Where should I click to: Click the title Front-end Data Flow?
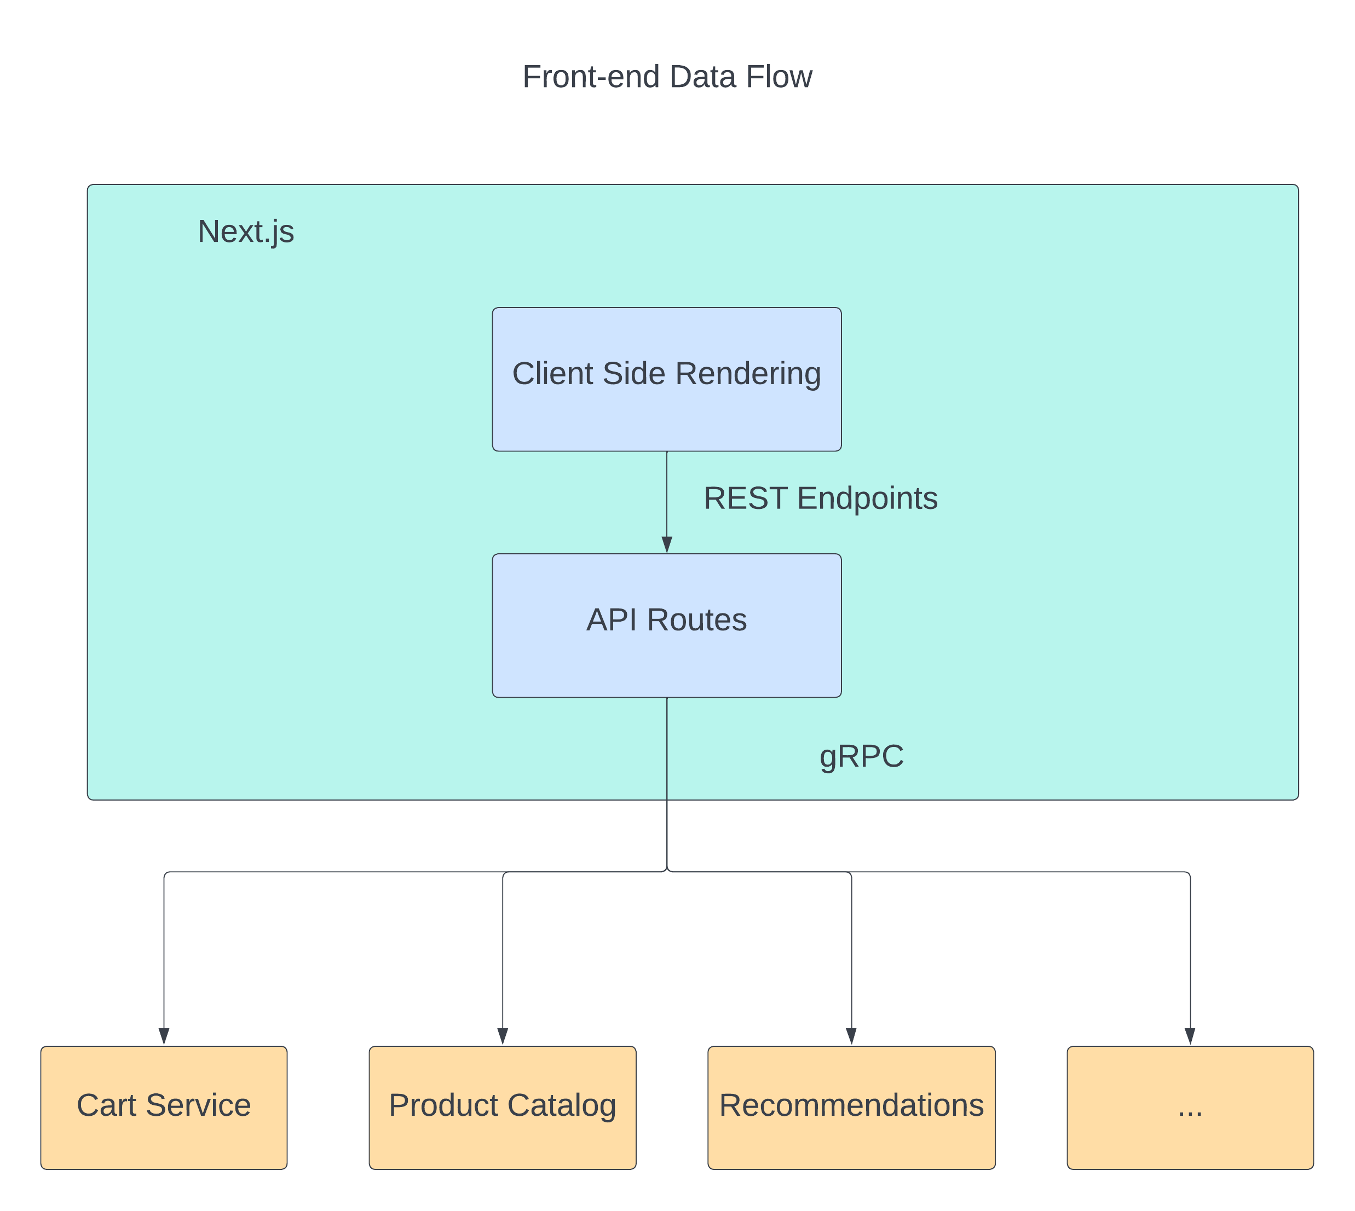pos(667,77)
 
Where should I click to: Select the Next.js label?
pos(246,231)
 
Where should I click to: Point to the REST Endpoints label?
pos(820,499)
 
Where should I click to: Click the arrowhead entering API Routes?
pos(667,544)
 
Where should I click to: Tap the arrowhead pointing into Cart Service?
pos(164,1036)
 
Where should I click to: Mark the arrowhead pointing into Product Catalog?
pos(503,1036)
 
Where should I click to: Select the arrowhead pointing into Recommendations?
pos(851,1036)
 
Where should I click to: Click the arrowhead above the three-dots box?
pos(1190,1036)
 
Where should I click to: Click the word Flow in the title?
pos(779,77)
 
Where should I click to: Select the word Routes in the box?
pos(697,620)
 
